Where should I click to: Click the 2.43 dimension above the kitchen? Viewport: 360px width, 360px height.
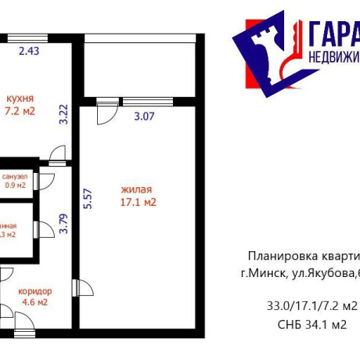click(28, 52)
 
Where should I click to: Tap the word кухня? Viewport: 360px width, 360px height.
click(20, 99)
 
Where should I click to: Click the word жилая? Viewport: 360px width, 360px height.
click(136, 189)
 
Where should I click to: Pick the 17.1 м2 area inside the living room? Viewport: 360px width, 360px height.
click(139, 203)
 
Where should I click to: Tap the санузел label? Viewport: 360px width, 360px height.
click(15, 177)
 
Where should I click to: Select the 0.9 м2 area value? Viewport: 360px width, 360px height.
click(16, 185)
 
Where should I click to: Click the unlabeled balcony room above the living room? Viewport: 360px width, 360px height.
click(140, 66)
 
